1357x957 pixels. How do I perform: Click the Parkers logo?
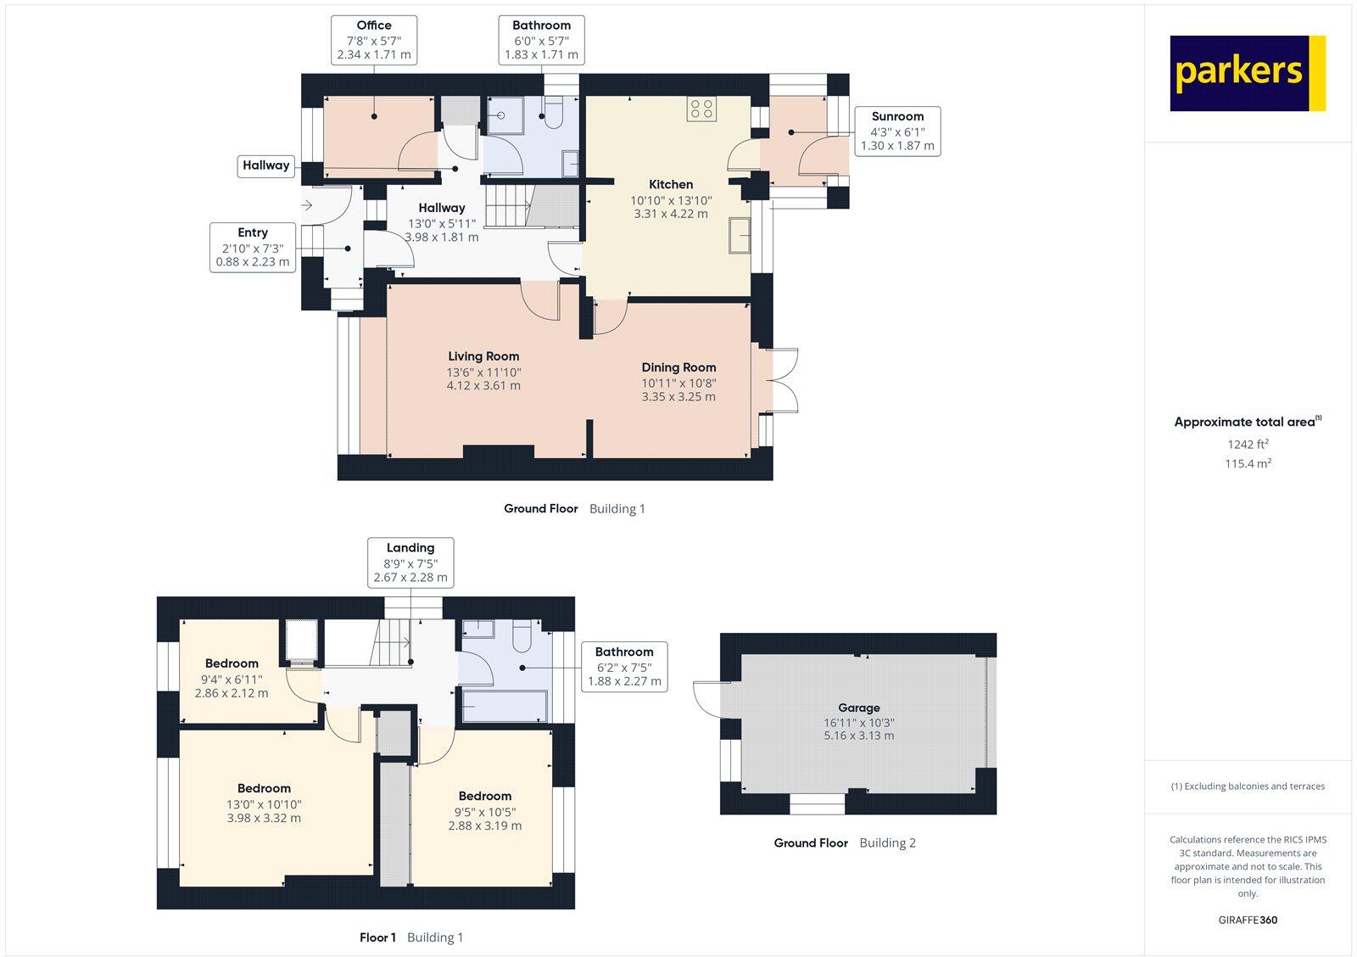pos(1247,73)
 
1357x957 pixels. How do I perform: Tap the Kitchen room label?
pos(671,184)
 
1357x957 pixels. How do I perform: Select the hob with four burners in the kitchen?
pos(701,109)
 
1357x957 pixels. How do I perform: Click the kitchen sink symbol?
pos(739,235)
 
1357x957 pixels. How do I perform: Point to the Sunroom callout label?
pos(897,131)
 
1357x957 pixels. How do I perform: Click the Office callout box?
pos(373,40)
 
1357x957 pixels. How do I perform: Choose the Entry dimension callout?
pos(253,247)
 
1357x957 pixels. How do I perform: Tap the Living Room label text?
pos(483,356)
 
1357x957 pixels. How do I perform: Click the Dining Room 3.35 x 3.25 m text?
pos(678,396)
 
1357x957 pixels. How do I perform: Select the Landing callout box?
pos(410,562)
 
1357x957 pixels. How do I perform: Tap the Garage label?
pos(858,708)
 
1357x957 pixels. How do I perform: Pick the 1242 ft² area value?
pos(1248,444)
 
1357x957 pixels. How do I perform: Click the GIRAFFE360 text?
pos(1248,920)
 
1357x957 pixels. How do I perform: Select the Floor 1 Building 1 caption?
pos(410,937)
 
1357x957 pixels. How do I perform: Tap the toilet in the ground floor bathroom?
pos(554,115)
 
